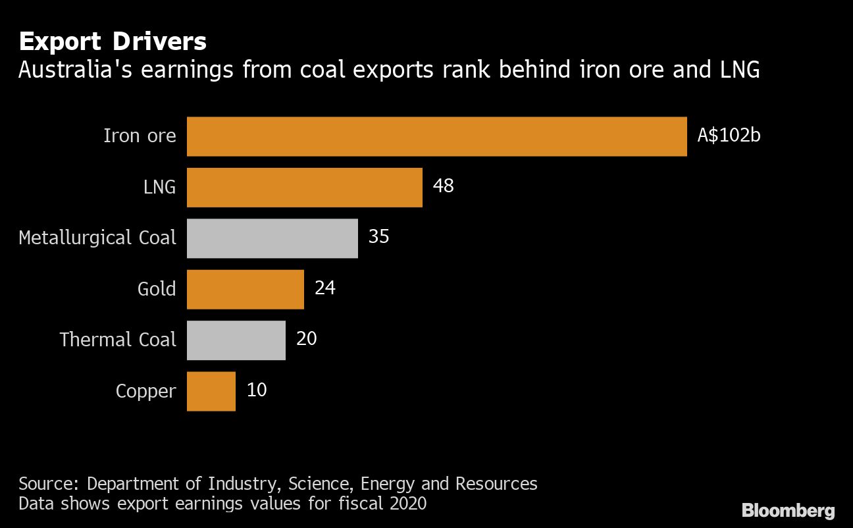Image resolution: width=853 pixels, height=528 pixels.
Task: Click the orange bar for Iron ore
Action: point(436,136)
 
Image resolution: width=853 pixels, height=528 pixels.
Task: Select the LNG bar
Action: point(304,188)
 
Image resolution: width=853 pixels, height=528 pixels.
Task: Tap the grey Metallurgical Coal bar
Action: point(272,238)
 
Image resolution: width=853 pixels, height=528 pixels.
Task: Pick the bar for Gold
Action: point(245,289)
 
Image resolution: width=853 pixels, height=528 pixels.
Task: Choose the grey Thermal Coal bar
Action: point(236,340)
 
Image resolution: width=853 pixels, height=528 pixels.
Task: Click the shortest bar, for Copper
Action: point(211,391)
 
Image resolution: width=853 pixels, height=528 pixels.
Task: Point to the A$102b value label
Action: point(729,136)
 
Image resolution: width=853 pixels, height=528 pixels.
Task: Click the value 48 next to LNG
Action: point(443,186)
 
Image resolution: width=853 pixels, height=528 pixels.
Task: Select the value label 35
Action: point(378,237)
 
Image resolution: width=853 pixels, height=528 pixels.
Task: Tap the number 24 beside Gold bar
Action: point(324,288)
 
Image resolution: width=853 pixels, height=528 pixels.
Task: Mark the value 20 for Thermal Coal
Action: point(306,339)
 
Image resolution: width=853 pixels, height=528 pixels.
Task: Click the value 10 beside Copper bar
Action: point(256,390)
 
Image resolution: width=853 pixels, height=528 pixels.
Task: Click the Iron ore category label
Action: point(140,136)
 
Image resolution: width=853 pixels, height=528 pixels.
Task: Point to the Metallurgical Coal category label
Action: point(97,238)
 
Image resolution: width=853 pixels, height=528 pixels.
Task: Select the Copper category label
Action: point(145,391)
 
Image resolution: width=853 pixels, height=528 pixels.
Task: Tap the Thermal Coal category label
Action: point(118,340)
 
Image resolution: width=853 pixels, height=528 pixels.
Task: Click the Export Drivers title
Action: point(113,42)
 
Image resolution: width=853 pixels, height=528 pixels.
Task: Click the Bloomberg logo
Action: point(788,510)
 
